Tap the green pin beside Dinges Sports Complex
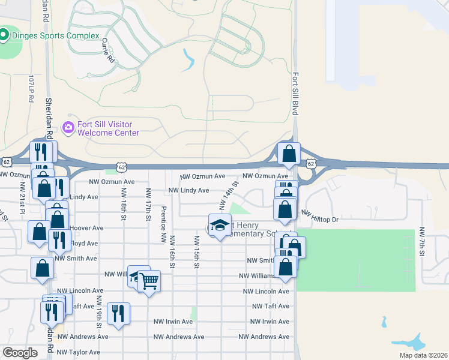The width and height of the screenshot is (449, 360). click(x=4, y=35)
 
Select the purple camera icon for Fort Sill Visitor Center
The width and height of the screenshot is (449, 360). click(x=68, y=127)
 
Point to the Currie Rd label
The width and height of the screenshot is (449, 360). click(x=108, y=51)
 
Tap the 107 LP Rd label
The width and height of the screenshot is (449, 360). click(x=32, y=88)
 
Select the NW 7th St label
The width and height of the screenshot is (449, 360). click(x=422, y=242)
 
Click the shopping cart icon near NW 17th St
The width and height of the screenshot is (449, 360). click(x=149, y=281)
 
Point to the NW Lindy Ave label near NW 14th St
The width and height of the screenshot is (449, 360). click(x=188, y=190)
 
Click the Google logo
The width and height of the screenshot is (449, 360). click(x=20, y=353)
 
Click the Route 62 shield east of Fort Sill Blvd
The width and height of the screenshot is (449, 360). click(x=310, y=163)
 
